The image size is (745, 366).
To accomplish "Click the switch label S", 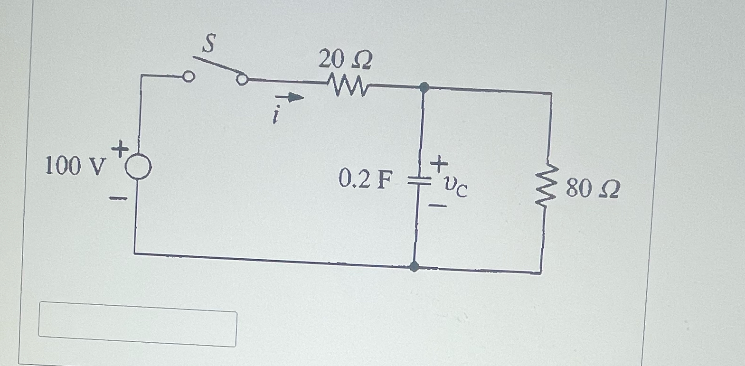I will (208, 43).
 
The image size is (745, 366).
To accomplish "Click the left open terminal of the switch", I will (189, 76).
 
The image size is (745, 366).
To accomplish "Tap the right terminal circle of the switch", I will (242, 80).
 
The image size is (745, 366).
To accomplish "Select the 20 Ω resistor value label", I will (345, 60).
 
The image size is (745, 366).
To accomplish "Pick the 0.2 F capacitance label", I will (366, 179).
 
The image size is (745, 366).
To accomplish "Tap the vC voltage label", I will (455, 187).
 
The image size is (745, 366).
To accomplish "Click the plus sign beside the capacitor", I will (439, 164).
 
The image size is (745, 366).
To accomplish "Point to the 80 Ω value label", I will (593, 189).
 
